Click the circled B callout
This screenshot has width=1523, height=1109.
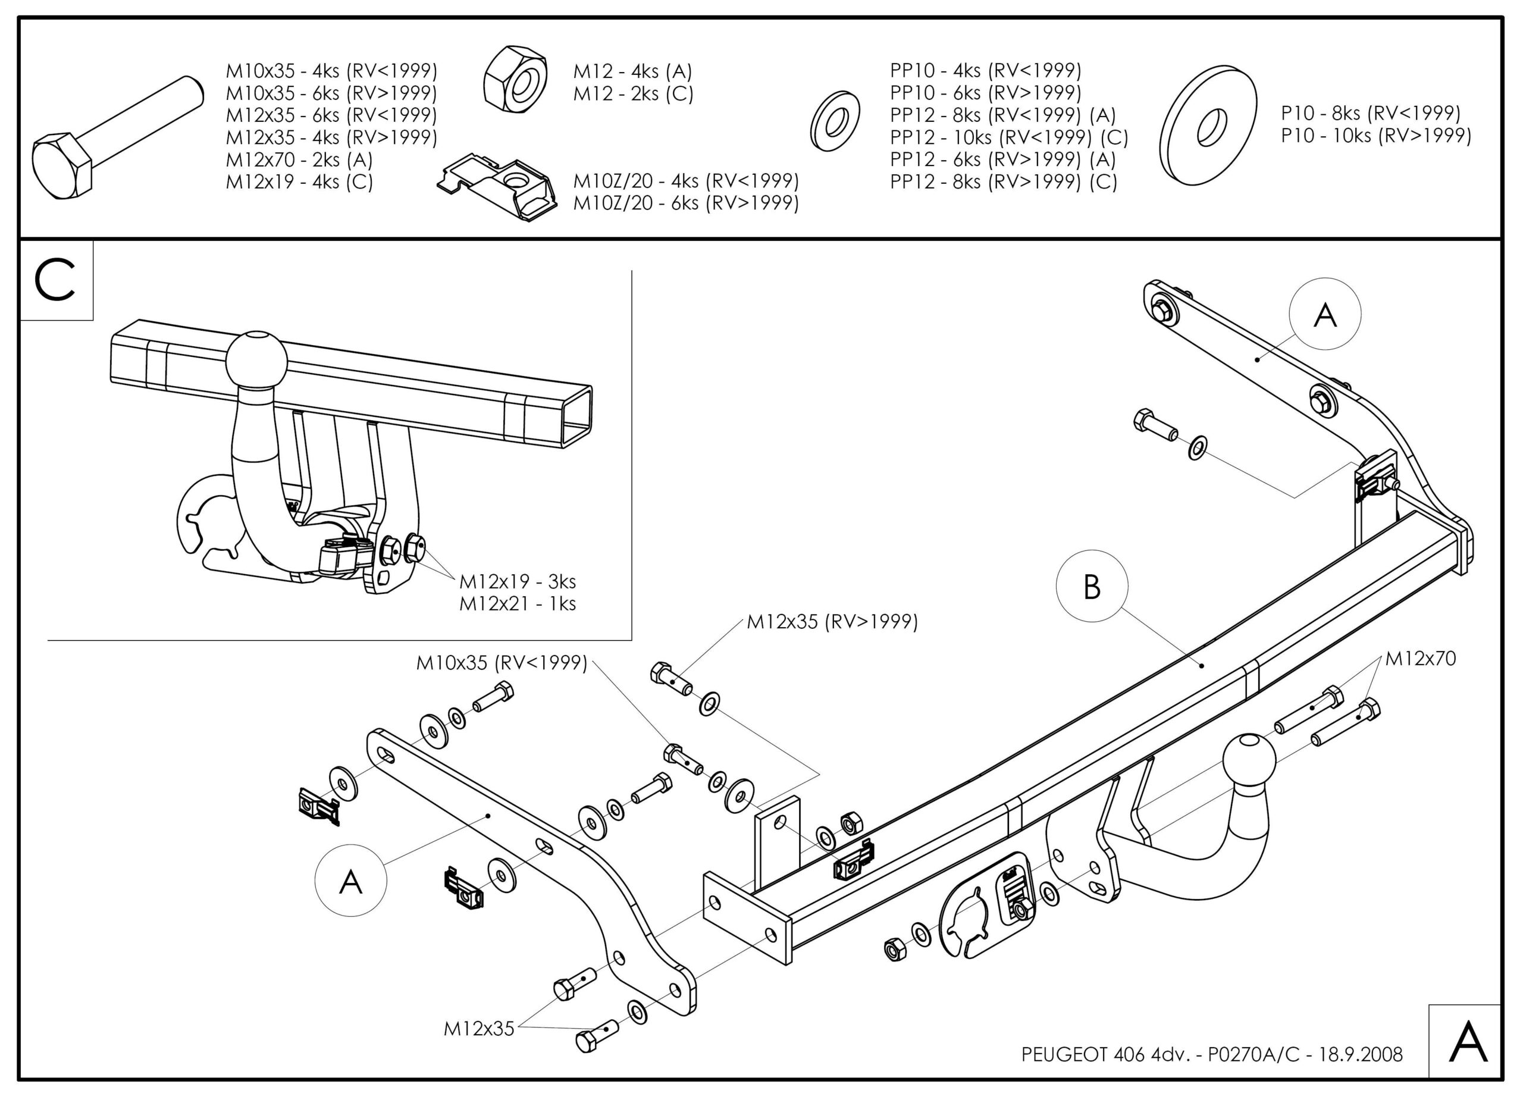point(1092,587)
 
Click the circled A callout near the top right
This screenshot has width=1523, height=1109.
point(1325,314)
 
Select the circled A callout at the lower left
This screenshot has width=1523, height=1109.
point(350,880)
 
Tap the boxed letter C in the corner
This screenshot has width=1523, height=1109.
point(56,281)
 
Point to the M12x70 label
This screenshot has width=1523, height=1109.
point(1420,659)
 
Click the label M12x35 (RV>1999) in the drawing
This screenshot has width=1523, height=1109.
point(832,622)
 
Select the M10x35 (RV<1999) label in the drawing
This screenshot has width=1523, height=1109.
point(502,663)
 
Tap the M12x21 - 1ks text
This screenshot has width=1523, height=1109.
point(517,604)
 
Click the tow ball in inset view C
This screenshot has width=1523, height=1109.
point(256,359)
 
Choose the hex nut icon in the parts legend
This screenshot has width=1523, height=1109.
point(515,79)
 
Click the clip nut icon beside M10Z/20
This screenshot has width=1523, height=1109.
point(499,187)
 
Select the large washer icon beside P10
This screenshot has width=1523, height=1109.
point(1208,126)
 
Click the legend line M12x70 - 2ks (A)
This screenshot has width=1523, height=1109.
point(299,160)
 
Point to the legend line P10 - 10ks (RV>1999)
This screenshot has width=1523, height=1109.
point(1376,136)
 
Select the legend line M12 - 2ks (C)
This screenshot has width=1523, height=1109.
point(632,93)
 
